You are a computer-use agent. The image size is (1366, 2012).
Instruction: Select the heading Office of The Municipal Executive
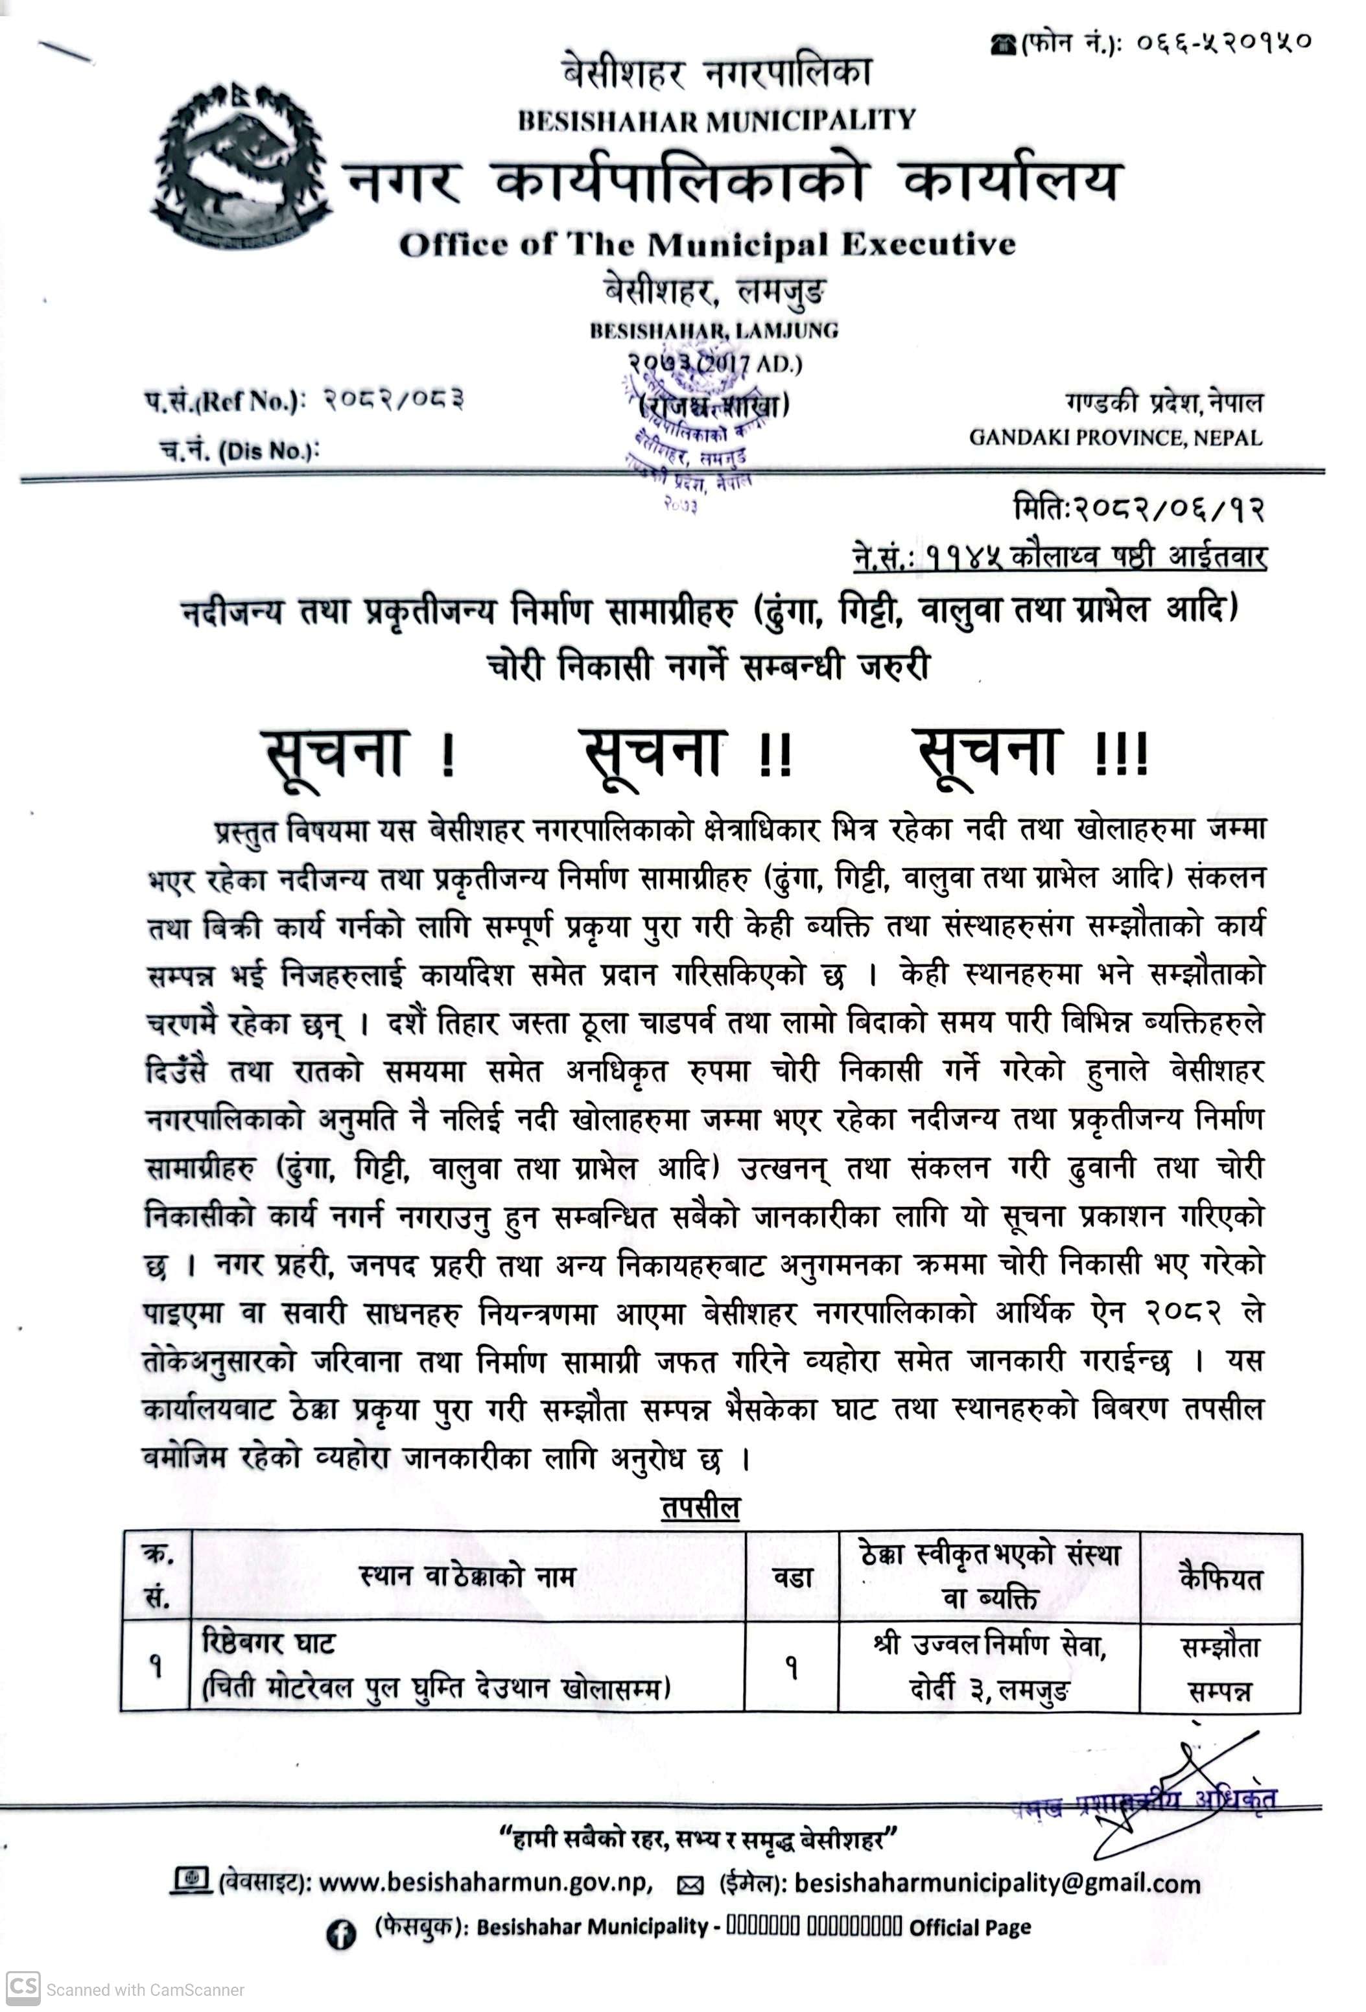[707, 245]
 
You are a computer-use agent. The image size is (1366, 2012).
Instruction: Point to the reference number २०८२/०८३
[394, 400]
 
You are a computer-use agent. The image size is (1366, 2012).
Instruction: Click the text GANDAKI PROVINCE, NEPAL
[1115, 437]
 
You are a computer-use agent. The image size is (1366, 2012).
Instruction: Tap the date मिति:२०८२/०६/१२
[1138, 509]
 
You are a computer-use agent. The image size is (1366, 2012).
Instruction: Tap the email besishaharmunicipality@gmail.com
[996, 1884]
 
